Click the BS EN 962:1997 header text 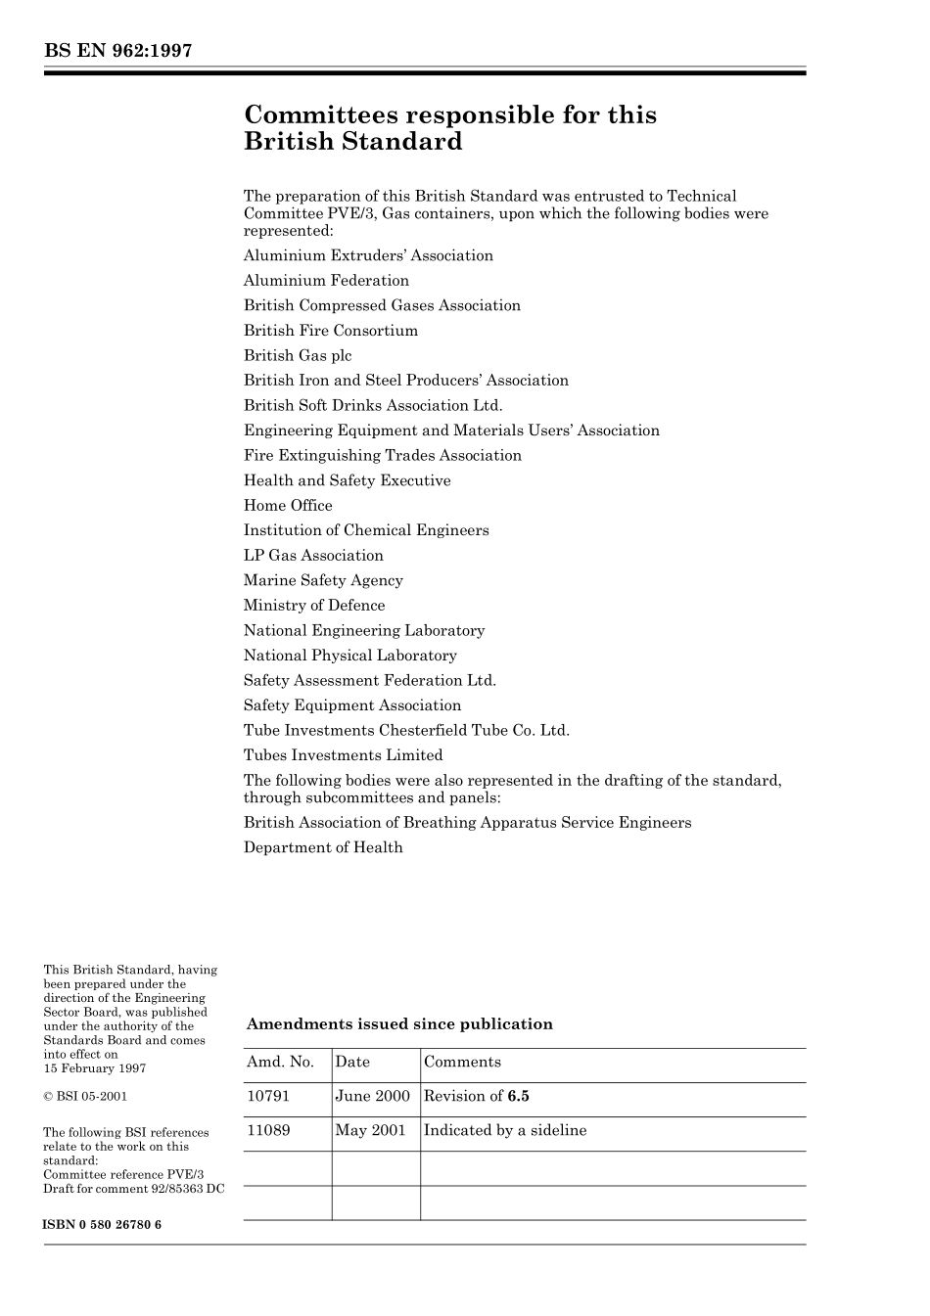point(117,51)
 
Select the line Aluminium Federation point(326,281)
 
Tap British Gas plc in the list point(298,356)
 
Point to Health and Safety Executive point(347,480)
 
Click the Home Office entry point(288,506)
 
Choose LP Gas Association point(313,556)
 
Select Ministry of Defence point(314,606)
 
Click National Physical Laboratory point(349,656)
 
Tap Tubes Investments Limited point(343,755)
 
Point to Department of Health point(323,848)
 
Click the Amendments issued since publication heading point(399,1024)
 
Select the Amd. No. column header point(280,1063)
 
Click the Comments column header point(462,1063)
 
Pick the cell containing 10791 point(268,1097)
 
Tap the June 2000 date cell point(372,1097)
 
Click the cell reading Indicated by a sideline point(505,1131)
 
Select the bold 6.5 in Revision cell point(518,1097)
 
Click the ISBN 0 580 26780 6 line point(103,1225)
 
